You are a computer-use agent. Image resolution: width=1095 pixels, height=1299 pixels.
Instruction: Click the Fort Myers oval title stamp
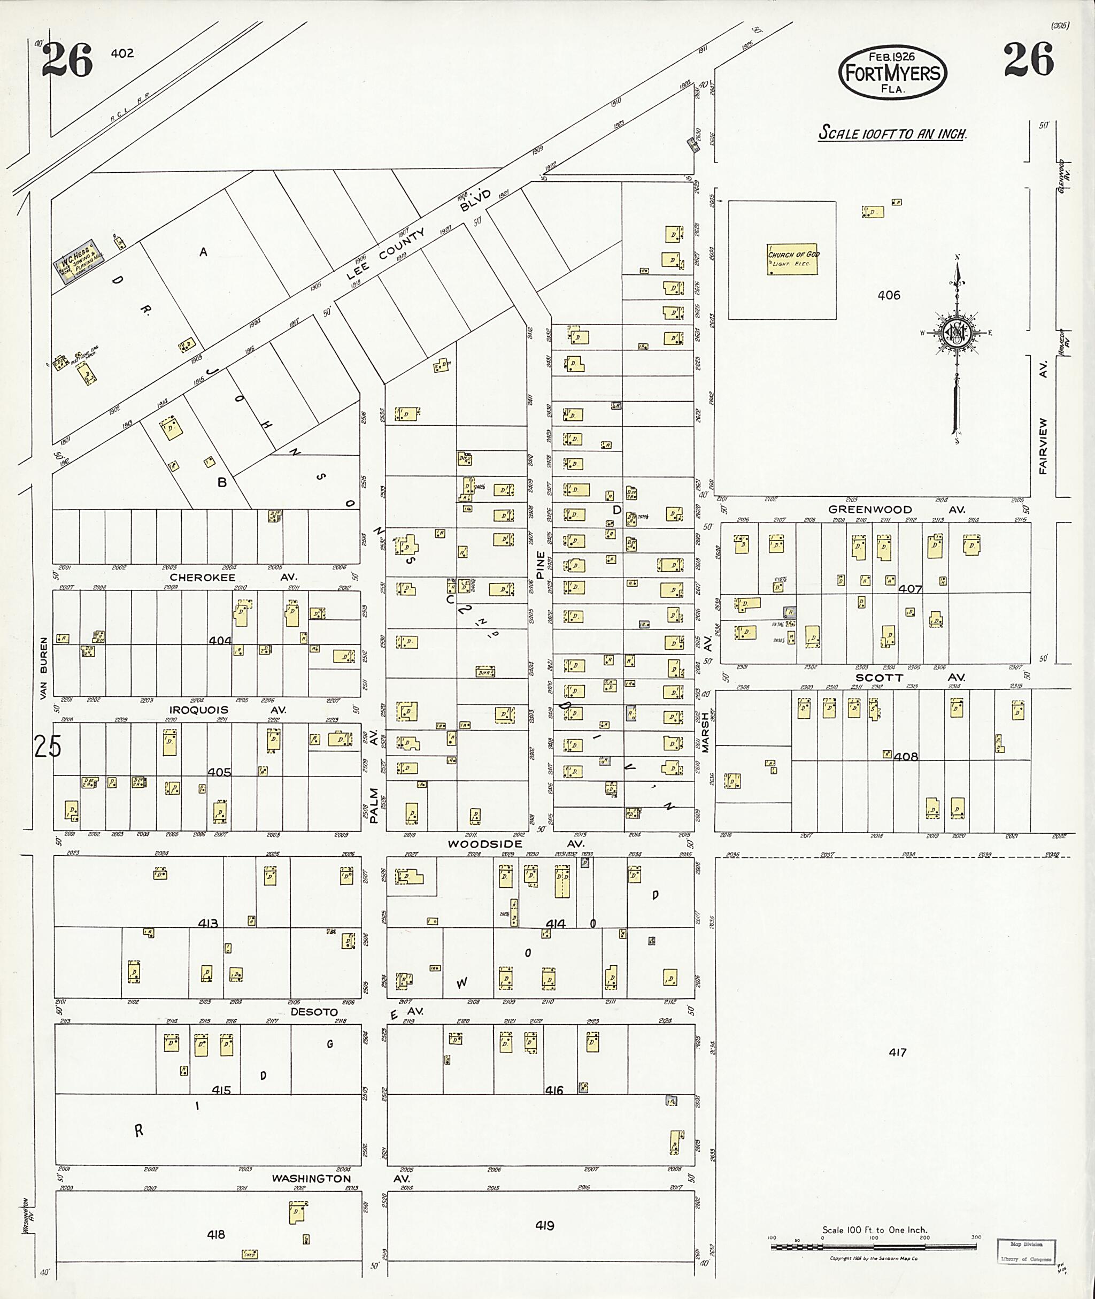pos(893,73)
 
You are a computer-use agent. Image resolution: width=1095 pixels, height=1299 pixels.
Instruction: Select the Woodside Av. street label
pos(515,844)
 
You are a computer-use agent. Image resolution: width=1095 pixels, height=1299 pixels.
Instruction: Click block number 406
pos(888,296)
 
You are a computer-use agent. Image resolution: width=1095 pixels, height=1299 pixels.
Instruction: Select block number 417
pos(897,1052)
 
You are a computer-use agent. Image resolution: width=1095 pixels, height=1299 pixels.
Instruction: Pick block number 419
pos(544,1226)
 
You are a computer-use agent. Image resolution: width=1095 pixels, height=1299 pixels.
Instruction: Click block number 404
pos(220,641)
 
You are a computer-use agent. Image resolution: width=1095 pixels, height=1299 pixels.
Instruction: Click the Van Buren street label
pos(43,667)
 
